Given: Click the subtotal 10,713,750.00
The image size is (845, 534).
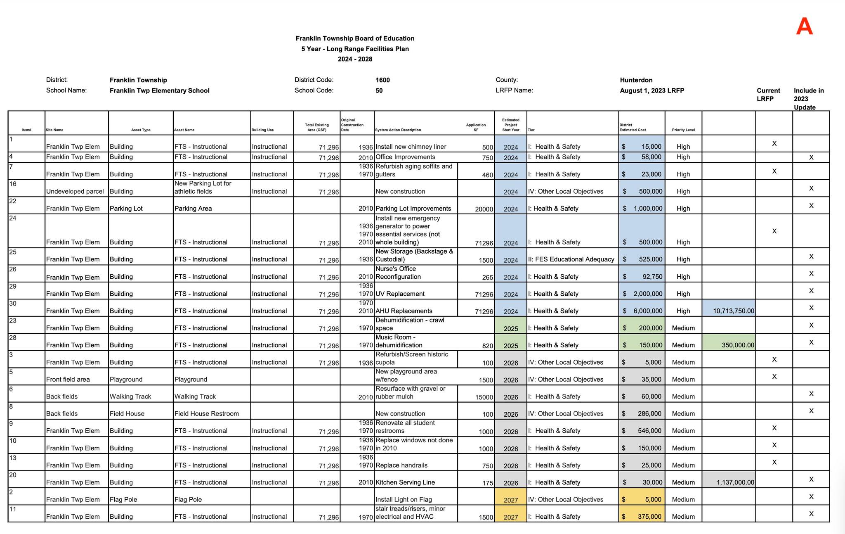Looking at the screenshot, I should click(733, 311).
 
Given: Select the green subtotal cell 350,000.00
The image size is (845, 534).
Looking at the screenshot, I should click(738, 345).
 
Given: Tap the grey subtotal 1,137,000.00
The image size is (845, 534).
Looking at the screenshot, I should click(735, 482).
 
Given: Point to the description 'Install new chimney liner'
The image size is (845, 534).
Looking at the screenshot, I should click(411, 147).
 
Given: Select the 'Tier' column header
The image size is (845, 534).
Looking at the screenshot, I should click(531, 130).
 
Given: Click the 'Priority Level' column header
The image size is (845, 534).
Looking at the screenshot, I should click(683, 130).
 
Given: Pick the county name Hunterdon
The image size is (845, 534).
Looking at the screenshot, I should click(636, 80).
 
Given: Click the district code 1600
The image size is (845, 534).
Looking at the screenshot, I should click(382, 80).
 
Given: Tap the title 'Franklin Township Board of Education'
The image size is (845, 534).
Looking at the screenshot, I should click(355, 38).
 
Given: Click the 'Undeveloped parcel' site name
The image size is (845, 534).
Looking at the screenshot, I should click(75, 192).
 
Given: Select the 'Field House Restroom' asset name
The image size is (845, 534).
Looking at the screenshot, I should click(206, 414).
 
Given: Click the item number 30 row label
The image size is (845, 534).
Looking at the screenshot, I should click(13, 304).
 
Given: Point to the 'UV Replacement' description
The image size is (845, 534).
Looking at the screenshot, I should click(400, 294).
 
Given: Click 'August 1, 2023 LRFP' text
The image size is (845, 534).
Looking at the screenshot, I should click(652, 91).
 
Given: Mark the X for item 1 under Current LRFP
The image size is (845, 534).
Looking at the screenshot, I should click(774, 144).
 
